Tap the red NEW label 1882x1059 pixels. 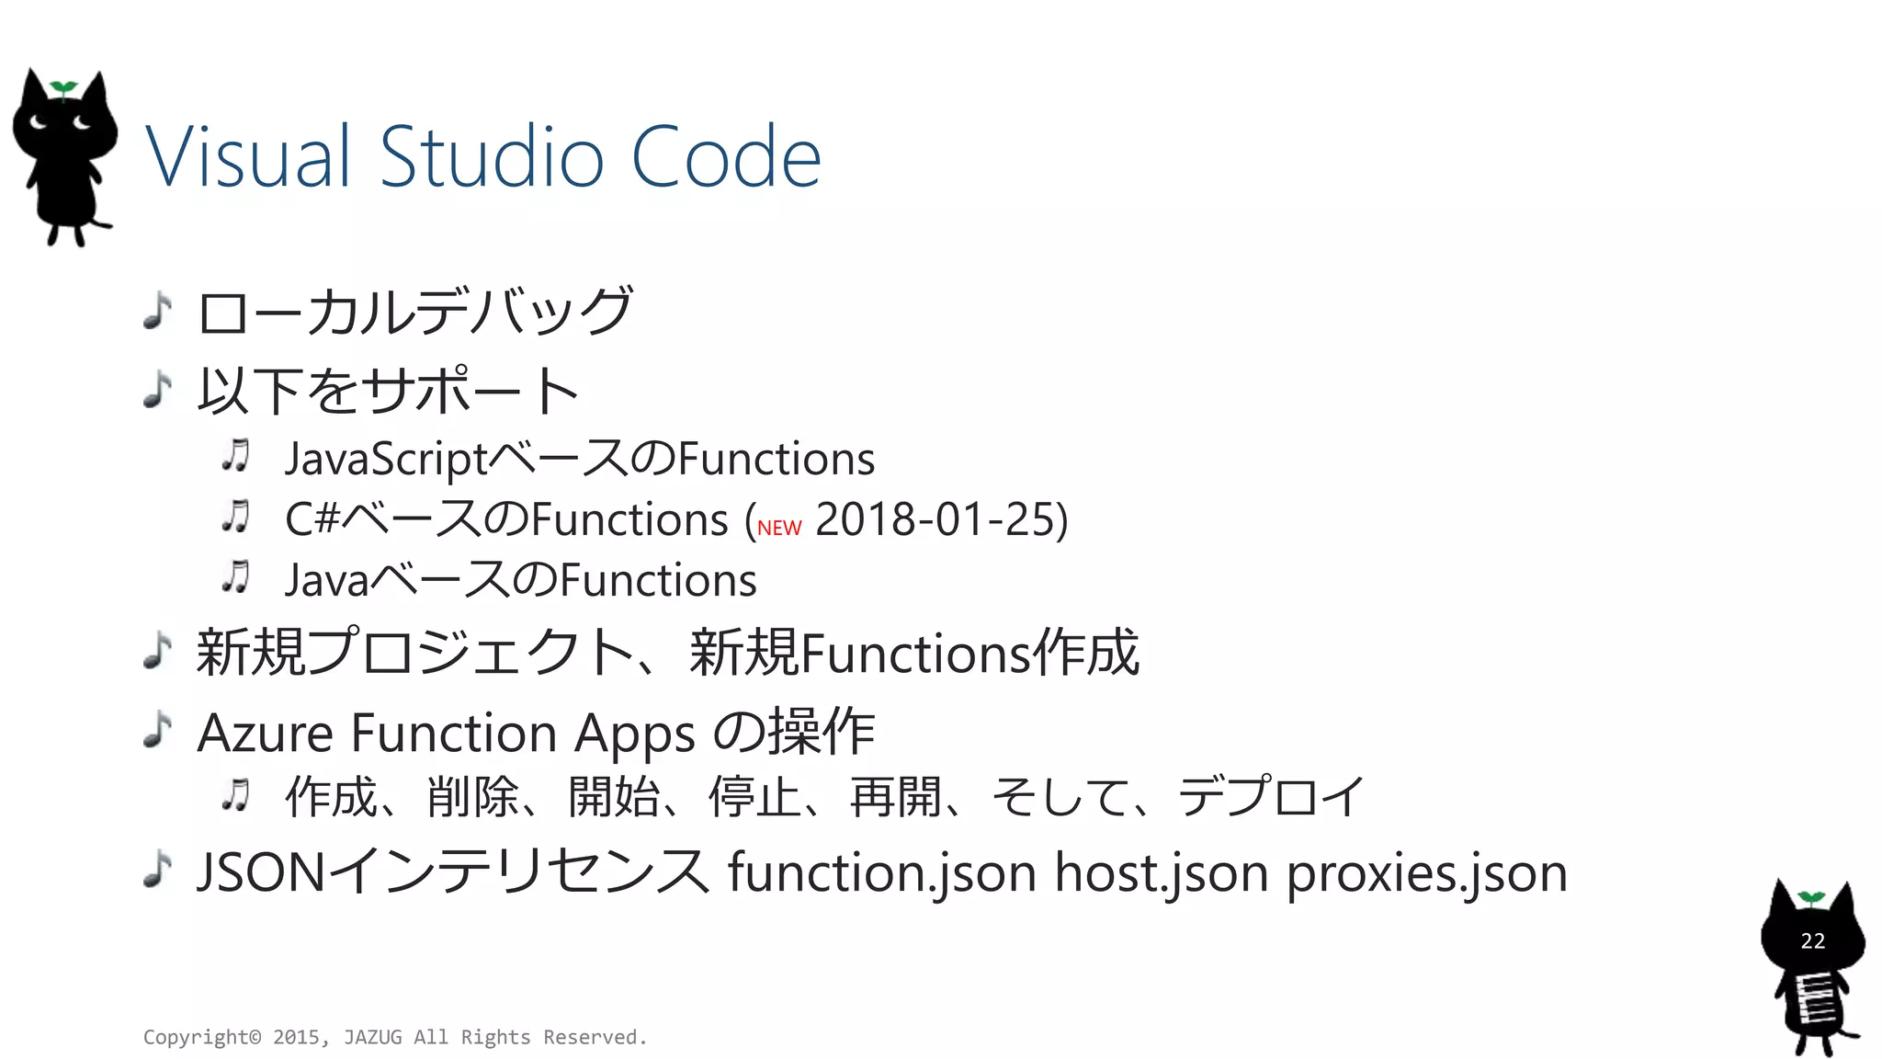[x=779, y=528]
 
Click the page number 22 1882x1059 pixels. [x=1812, y=940]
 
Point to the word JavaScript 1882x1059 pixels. [x=386, y=459]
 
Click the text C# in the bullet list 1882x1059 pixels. [x=312, y=519]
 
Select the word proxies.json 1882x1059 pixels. [x=1426, y=872]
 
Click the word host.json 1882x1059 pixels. [x=1162, y=872]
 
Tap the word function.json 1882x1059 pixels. [x=882, y=872]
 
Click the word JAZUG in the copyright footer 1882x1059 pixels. [x=372, y=1037]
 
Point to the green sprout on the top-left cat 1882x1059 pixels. [x=63, y=88]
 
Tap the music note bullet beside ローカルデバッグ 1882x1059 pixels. [x=158, y=311]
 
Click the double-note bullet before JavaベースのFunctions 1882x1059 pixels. [x=236, y=578]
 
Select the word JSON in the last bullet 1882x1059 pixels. [x=261, y=872]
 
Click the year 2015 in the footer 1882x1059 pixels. [x=296, y=1037]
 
